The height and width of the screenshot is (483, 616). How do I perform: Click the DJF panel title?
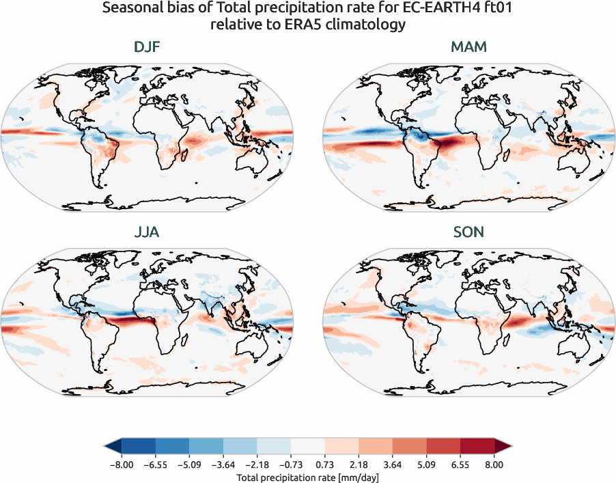(x=147, y=48)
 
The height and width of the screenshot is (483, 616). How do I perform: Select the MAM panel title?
(x=469, y=48)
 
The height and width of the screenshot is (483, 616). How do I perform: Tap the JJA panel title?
(x=147, y=232)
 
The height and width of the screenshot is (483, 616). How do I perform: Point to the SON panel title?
(x=469, y=232)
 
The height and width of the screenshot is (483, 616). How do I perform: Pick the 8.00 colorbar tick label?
(x=494, y=465)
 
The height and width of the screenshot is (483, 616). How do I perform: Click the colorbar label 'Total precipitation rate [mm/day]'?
(x=307, y=477)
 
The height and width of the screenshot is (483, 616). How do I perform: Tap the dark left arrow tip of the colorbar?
(x=111, y=447)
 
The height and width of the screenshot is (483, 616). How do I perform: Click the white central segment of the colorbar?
(x=307, y=447)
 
